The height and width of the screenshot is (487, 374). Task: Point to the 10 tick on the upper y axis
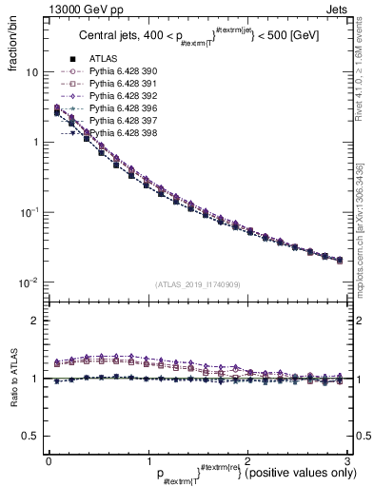31,72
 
